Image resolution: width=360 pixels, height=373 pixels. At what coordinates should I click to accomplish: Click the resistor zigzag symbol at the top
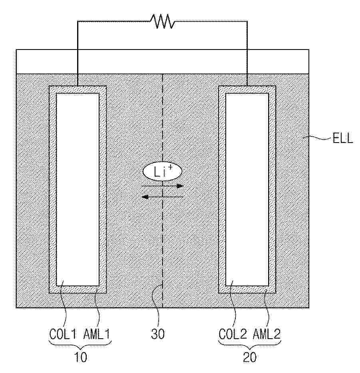(162, 22)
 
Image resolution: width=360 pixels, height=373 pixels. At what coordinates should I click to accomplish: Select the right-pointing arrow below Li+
(163, 186)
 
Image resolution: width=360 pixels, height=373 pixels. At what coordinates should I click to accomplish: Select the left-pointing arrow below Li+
(163, 196)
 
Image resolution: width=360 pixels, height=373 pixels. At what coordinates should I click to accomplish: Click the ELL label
(342, 140)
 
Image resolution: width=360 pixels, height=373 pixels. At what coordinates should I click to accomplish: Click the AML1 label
(97, 333)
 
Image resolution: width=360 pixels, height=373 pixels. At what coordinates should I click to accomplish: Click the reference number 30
(158, 334)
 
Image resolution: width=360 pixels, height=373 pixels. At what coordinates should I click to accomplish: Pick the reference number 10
(80, 357)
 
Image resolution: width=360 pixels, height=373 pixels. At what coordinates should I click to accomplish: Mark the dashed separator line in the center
(163, 240)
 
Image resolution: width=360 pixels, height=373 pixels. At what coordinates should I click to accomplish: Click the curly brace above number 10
(80, 344)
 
